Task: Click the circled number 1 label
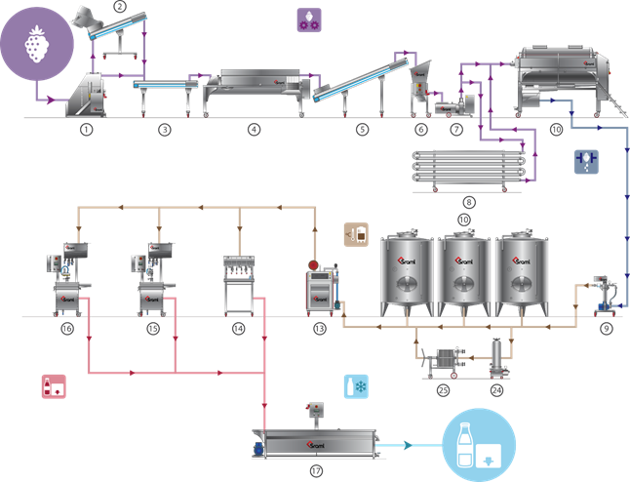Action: point(87,130)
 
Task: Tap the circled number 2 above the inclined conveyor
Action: point(120,6)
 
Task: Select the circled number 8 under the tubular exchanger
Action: point(469,202)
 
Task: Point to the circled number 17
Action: point(316,470)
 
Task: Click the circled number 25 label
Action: point(443,390)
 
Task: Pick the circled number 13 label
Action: point(320,329)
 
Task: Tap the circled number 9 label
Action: point(607,329)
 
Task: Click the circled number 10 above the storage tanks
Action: point(464,220)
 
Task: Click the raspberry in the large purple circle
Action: point(37,44)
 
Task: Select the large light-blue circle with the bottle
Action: point(479,445)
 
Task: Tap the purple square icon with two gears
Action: point(309,20)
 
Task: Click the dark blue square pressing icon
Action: point(587,162)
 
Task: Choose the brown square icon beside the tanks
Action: point(356,234)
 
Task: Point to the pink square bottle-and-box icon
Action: point(54,386)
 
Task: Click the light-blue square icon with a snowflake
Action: point(356,386)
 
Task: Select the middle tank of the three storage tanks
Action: point(464,273)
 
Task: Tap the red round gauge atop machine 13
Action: point(313,265)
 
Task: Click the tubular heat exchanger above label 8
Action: point(469,169)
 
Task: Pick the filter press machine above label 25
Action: point(444,362)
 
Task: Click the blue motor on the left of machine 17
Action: point(257,449)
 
